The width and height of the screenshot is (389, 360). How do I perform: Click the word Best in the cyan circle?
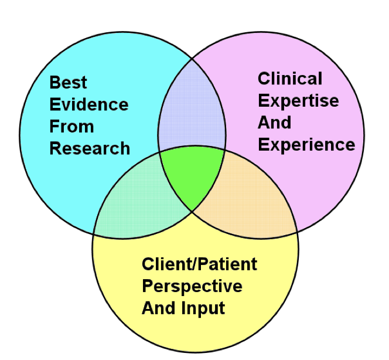[x=69, y=82]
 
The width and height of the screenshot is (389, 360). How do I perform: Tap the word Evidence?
[x=89, y=104]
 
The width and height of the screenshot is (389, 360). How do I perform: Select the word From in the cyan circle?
[x=71, y=126]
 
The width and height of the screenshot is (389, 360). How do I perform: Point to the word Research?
[x=90, y=148]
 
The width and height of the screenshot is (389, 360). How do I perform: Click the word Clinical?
[x=290, y=79]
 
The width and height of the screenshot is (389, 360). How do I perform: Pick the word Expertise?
[x=298, y=101]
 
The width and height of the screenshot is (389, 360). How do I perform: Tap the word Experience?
[x=306, y=144]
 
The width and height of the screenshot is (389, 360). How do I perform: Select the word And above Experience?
[x=274, y=123]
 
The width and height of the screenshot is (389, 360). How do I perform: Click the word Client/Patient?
[x=199, y=264]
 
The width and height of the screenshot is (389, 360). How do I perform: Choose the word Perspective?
[x=192, y=286]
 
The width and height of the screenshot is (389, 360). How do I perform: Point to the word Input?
[x=205, y=308]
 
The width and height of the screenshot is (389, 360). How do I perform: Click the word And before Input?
[x=159, y=308]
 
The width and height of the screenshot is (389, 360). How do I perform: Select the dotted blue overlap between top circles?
[x=192, y=111]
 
